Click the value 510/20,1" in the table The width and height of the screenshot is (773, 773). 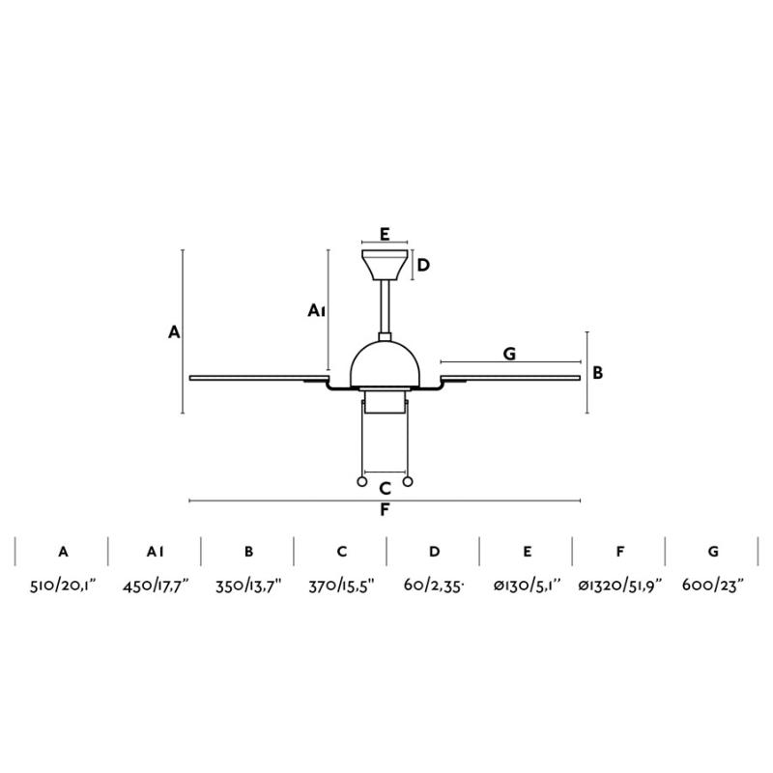click(63, 586)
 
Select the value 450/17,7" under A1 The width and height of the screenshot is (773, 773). click(156, 586)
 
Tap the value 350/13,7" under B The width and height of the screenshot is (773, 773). click(248, 586)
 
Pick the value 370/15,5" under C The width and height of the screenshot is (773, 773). click(342, 586)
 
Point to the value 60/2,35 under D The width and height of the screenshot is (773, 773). click(434, 586)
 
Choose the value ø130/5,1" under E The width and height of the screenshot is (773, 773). click(527, 586)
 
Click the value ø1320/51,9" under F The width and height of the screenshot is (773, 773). click(619, 586)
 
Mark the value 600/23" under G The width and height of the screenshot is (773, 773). click(713, 586)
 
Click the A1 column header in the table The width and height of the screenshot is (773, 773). click(156, 552)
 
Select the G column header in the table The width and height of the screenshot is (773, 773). click(713, 552)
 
